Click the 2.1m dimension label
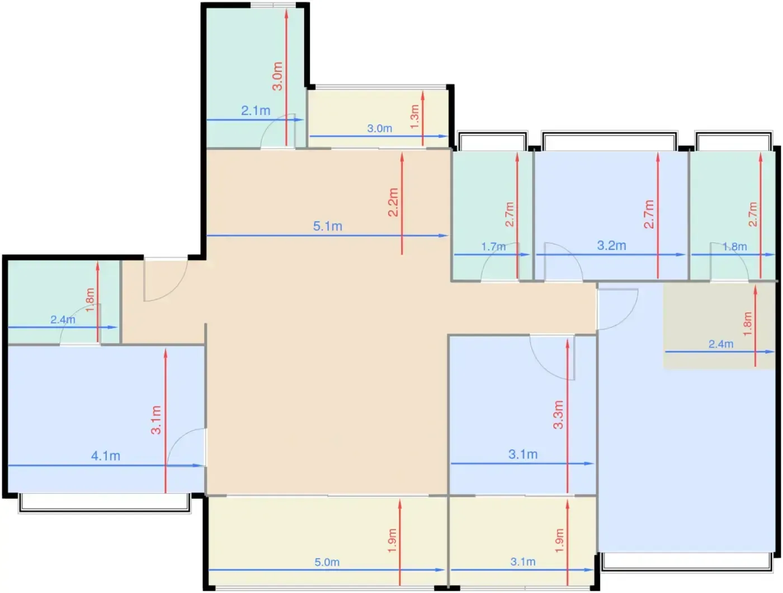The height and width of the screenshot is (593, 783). (256, 111)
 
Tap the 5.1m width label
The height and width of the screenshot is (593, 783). (328, 226)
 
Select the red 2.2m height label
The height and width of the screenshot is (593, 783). (393, 202)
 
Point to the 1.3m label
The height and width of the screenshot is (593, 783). (414, 117)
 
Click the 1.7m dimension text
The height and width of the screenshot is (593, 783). (493, 246)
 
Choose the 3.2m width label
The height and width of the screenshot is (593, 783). (611, 245)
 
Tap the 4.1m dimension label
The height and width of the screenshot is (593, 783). (106, 456)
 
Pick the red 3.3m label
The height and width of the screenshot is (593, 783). (558, 415)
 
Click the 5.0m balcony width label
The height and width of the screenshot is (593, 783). (327, 562)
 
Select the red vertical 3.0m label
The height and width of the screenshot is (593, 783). (277, 76)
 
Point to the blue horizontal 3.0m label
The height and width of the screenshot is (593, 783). (380, 129)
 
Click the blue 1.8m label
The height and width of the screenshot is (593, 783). (734, 246)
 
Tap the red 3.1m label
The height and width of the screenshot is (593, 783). (156, 420)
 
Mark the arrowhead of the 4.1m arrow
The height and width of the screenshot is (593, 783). (202, 466)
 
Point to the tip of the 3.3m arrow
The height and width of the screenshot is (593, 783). (568, 339)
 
